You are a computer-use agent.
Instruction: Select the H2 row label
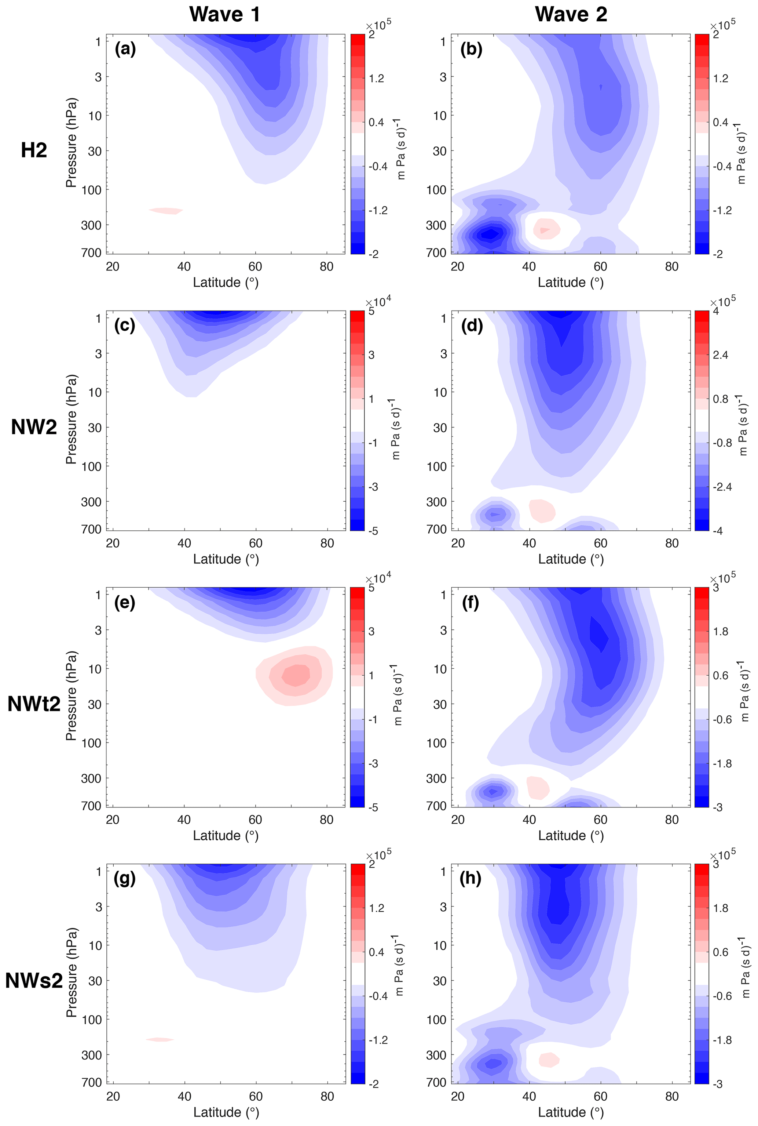(x=34, y=150)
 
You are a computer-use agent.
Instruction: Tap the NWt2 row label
(x=34, y=704)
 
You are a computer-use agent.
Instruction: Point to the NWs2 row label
(x=34, y=980)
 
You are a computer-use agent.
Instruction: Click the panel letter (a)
(x=125, y=49)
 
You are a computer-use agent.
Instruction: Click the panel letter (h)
(x=470, y=879)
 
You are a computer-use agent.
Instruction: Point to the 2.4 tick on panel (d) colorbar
(x=720, y=355)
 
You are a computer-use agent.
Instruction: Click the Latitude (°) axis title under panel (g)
(x=226, y=1112)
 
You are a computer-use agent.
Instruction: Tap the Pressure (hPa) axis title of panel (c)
(x=71, y=419)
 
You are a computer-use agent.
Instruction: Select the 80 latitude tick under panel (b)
(x=671, y=266)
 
